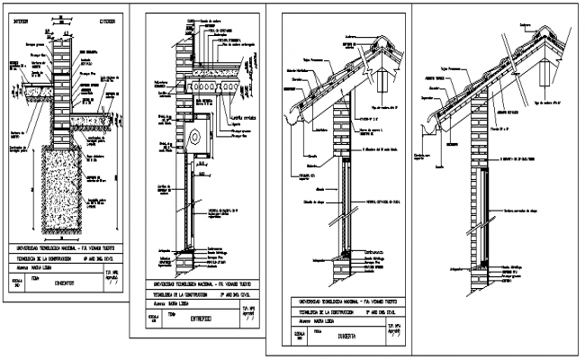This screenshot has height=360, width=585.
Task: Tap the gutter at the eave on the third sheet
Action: point(286,114)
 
